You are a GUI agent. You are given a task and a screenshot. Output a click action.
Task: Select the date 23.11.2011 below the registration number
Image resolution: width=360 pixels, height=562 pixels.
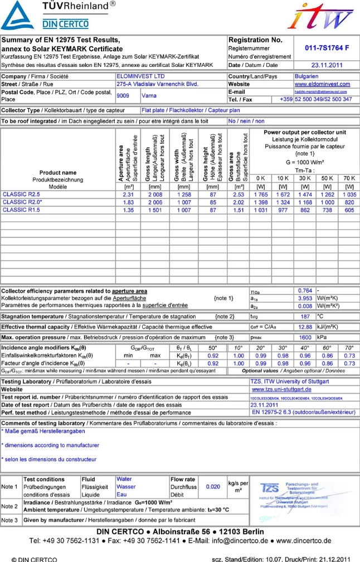326,65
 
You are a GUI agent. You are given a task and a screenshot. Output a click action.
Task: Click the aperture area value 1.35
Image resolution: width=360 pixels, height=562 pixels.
129,210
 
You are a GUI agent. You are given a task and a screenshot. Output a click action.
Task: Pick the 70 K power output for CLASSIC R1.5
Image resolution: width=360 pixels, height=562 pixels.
349,210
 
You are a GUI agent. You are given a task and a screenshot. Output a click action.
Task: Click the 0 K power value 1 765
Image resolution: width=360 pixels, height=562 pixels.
260,194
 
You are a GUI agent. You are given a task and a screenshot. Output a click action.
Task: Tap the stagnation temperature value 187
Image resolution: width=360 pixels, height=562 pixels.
305,316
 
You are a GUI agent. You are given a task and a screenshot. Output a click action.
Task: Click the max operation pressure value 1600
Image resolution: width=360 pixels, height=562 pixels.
305,337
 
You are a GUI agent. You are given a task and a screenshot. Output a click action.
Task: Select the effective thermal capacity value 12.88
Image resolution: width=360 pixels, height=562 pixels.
305,327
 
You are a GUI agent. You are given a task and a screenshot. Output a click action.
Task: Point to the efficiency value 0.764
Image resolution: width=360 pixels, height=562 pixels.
305,290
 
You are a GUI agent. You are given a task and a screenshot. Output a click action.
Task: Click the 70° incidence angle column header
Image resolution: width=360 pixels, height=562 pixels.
349,348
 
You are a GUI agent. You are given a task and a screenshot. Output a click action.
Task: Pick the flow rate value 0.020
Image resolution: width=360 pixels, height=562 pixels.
212,486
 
